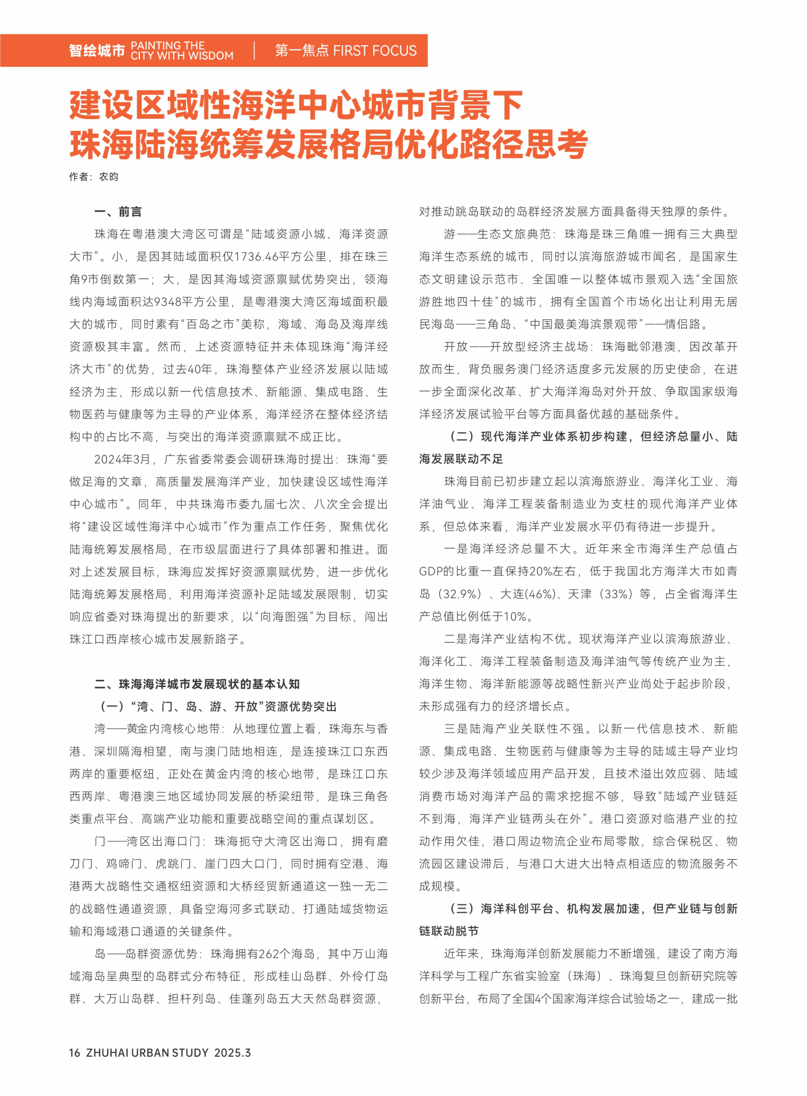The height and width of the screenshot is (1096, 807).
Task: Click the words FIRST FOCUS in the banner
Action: click(x=375, y=51)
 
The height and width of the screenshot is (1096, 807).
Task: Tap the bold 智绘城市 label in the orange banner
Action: click(x=97, y=51)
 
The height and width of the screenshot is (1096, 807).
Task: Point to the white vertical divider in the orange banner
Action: click(x=254, y=51)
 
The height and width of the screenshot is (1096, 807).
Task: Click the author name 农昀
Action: click(x=109, y=177)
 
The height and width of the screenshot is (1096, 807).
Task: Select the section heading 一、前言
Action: click(x=118, y=212)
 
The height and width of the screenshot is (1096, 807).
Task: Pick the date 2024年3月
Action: click(x=122, y=459)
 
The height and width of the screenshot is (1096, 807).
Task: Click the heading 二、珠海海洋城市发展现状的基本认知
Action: click(x=197, y=684)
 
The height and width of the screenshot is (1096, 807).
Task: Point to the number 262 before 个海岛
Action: click(x=269, y=954)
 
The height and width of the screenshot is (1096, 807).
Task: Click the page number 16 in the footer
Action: click(x=75, y=1052)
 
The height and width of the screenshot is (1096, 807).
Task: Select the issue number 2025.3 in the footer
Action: click(x=232, y=1052)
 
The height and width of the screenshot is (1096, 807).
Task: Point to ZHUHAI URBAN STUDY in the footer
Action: click(x=147, y=1052)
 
